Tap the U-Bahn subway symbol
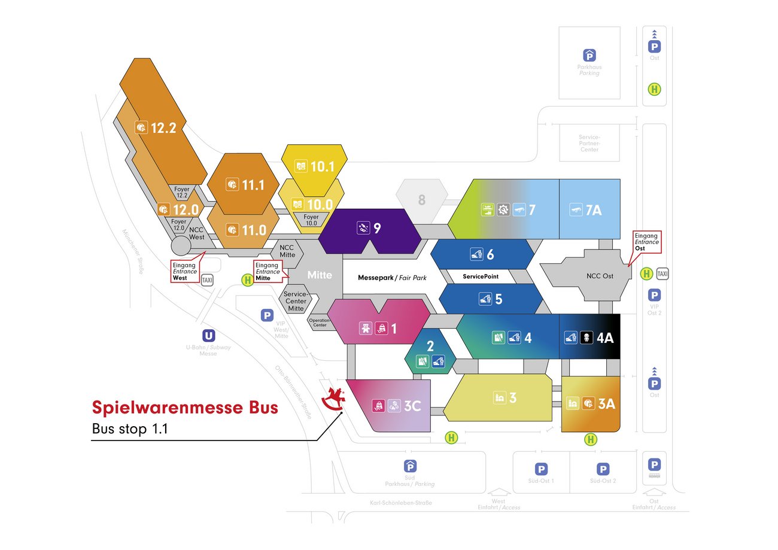[x=208, y=336]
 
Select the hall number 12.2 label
[x=163, y=127]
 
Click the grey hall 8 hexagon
[x=422, y=200]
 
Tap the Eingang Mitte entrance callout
[x=268, y=271]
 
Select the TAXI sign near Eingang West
[x=207, y=279]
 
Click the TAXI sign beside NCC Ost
[x=662, y=274]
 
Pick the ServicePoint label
[x=481, y=277]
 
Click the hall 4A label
[x=605, y=338]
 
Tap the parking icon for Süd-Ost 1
[x=541, y=469]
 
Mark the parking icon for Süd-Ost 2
[x=603, y=469]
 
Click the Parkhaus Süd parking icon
[x=411, y=466]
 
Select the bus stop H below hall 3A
[x=591, y=440]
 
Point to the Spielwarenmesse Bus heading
[x=185, y=408]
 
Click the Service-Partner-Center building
[x=589, y=143]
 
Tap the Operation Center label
[x=320, y=323]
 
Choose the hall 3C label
[x=412, y=406]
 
